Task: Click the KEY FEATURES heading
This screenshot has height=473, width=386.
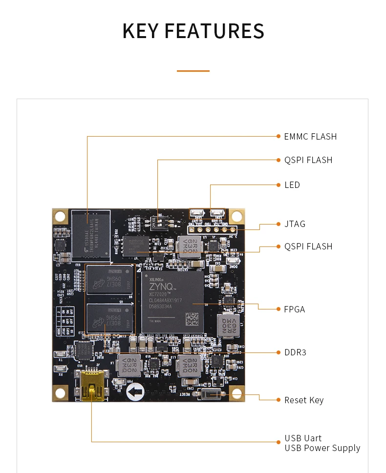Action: pos(193,31)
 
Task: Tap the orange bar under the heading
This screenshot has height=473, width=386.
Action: pos(193,71)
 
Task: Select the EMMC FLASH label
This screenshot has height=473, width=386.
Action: pos(310,137)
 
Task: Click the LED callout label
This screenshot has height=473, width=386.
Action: pos(292,185)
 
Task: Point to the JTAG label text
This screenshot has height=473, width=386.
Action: pos(295,224)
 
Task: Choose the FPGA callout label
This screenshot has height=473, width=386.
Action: pos(295,309)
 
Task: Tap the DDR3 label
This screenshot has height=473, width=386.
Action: pos(295,352)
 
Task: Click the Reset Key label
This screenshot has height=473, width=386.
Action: pos(304,400)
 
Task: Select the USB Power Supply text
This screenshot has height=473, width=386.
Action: pos(322,448)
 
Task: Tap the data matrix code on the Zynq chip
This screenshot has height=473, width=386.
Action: pos(193,319)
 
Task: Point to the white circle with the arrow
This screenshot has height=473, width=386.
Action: pos(135,391)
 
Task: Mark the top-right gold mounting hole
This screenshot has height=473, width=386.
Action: pos(237,216)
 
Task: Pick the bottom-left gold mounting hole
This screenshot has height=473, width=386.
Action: pos(60,392)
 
